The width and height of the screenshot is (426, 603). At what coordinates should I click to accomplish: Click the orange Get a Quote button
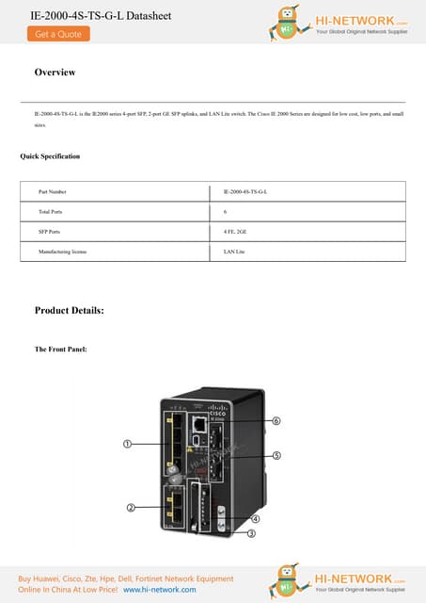[x=58, y=34]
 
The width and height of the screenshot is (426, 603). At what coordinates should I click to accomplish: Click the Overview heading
[x=55, y=73]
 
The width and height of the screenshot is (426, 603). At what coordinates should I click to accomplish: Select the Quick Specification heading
[x=50, y=155]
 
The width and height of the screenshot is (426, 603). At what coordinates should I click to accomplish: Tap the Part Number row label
[x=53, y=192]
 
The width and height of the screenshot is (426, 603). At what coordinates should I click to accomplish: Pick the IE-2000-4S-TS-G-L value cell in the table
[x=245, y=192]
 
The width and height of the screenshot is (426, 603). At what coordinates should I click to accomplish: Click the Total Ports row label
[x=51, y=212]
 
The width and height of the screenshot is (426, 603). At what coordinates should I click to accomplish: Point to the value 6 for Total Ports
[x=226, y=212]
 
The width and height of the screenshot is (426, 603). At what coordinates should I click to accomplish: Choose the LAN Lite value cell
[x=234, y=252]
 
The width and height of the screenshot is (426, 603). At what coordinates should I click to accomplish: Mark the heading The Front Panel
[x=61, y=350]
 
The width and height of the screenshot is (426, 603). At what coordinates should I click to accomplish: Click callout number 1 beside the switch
[x=126, y=443]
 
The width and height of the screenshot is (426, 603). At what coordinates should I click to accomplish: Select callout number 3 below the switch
[x=251, y=533]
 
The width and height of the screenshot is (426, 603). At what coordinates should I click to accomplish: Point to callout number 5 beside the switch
[x=276, y=455]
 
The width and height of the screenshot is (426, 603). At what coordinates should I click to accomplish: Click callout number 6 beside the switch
[x=276, y=422]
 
